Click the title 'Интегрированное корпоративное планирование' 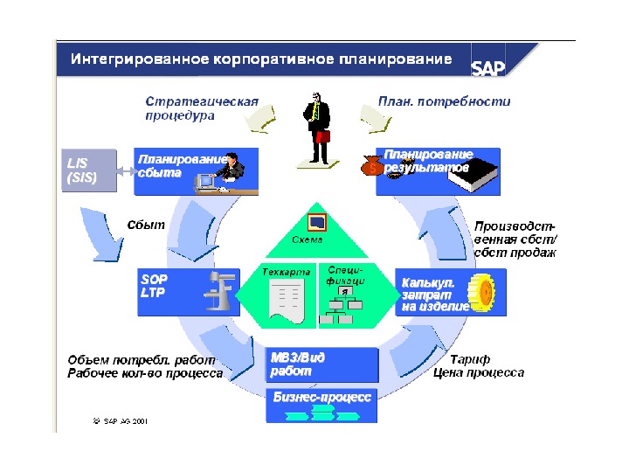pos(262,59)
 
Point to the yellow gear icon pos(482,293)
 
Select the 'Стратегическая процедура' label pos(202,108)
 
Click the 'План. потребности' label pos(444,101)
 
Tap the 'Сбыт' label pos(146,225)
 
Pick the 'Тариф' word pos(470,359)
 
